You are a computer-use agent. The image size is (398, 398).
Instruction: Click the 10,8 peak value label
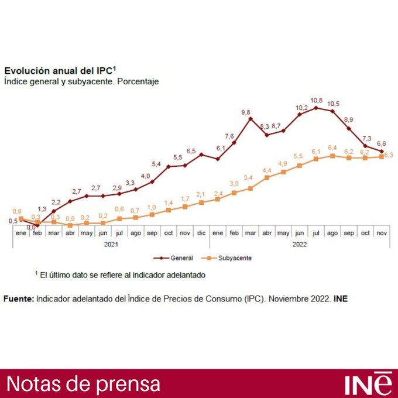pos(317,100)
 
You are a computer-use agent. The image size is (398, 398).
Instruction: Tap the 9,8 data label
pos(245,111)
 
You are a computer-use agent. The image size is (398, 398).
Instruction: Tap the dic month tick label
pos(201,232)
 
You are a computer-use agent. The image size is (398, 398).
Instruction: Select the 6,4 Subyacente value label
pos(332,147)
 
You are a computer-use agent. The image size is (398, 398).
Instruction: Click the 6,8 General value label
pos(382,143)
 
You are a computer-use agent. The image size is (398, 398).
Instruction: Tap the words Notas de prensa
pos(83,384)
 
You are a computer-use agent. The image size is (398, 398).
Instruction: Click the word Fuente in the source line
pos(19,298)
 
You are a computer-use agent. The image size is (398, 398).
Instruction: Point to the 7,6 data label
pos(229,136)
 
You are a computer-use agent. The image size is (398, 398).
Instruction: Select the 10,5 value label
pos(334,104)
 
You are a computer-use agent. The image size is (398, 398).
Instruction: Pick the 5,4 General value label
pos(156,164)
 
